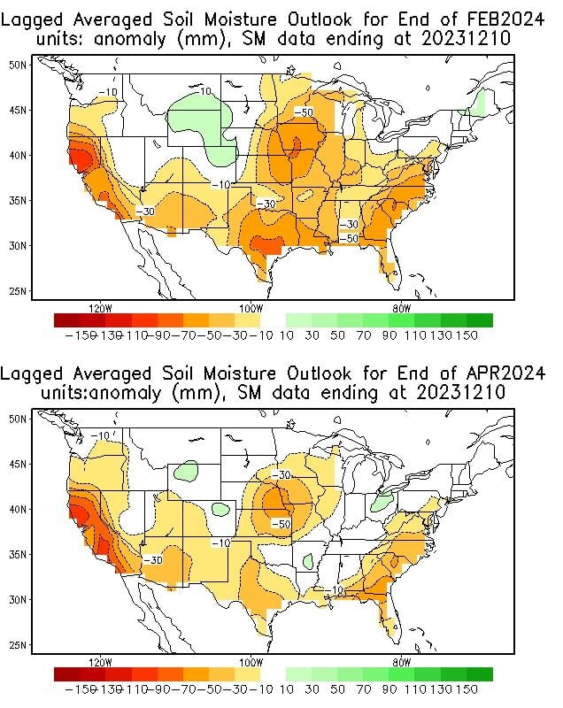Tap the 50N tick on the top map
(18, 65)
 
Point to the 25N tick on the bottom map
(18, 644)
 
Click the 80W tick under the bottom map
(400, 662)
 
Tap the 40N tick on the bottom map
(18, 509)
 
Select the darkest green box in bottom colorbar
(480, 674)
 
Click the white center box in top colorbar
(274, 320)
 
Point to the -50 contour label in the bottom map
(281, 525)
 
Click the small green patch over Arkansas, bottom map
(307, 561)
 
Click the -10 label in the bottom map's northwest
(100, 435)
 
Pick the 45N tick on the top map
(18, 110)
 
